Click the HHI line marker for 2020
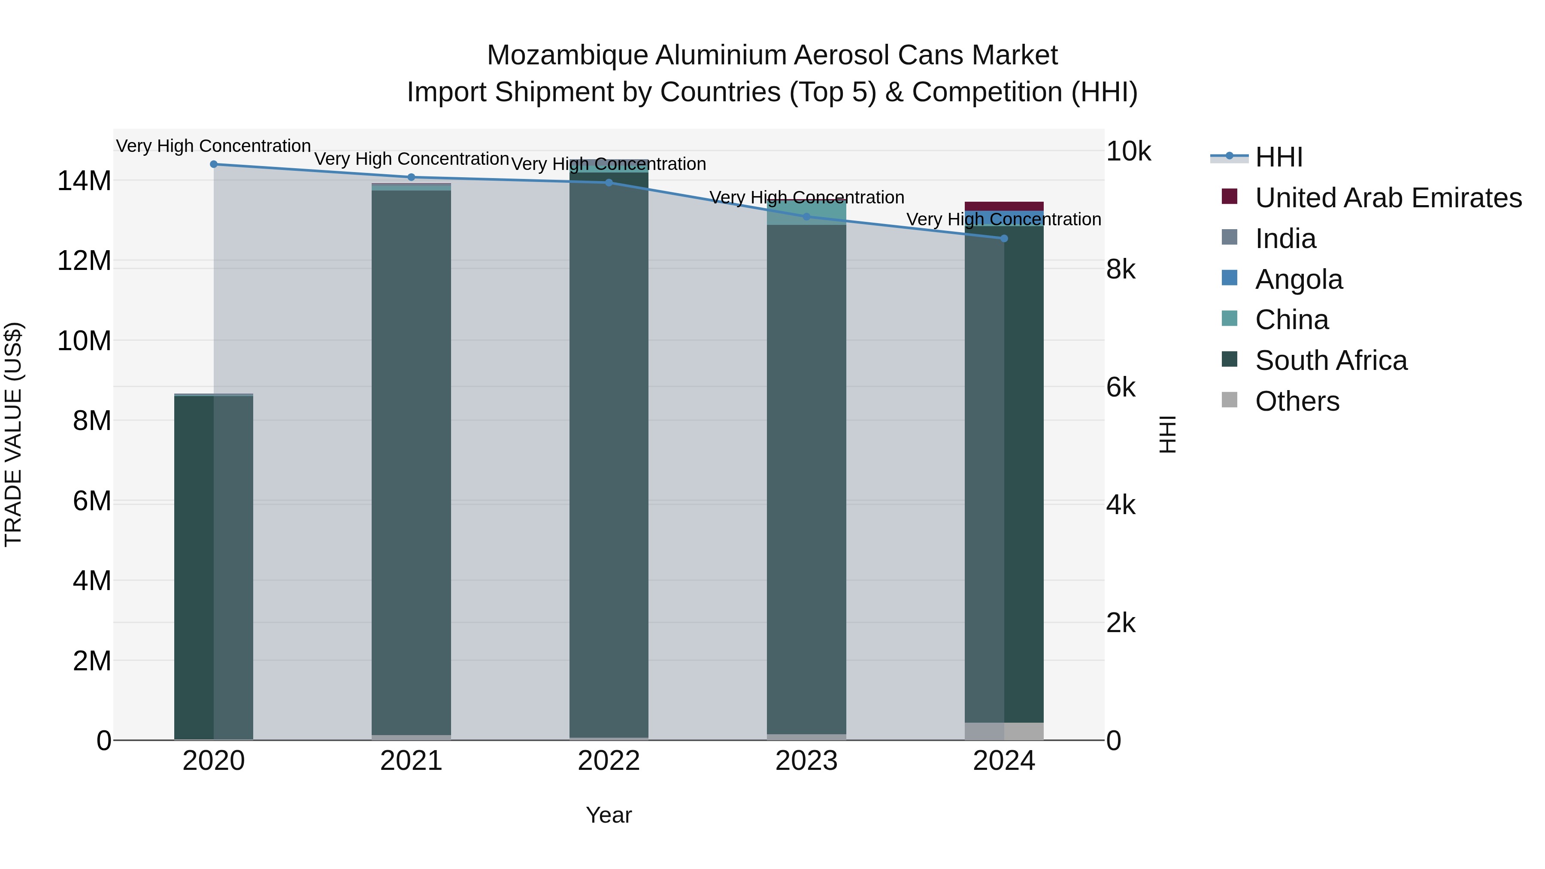click(x=214, y=164)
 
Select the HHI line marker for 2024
click(x=1004, y=239)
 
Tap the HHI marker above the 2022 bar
click(x=609, y=182)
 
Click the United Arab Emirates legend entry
click(x=1388, y=198)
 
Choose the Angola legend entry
click(x=1299, y=279)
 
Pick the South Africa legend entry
click(x=1330, y=360)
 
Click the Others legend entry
click(x=1297, y=401)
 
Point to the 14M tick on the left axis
click(x=84, y=181)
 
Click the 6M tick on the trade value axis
click(x=92, y=501)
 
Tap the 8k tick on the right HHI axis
click(x=1121, y=270)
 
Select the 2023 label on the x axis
click(x=806, y=761)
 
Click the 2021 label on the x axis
click(x=411, y=761)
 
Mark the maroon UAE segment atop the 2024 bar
click(x=1004, y=206)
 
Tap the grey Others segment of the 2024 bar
click(x=1004, y=731)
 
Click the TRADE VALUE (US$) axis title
click(x=13, y=434)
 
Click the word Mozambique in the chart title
click(x=567, y=55)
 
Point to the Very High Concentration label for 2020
click(x=214, y=146)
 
